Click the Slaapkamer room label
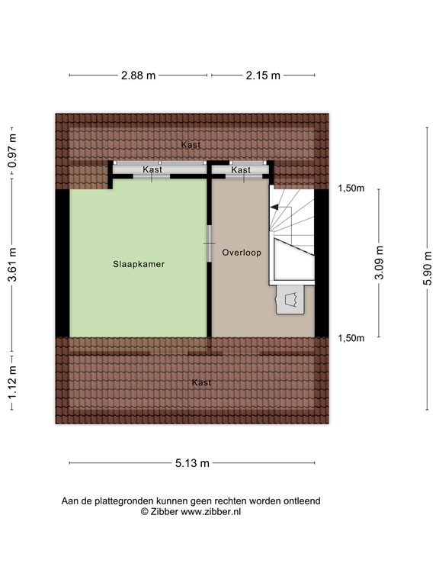click(x=138, y=264)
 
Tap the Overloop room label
click(x=242, y=253)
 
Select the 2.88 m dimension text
click(x=138, y=76)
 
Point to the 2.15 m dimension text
click(x=263, y=76)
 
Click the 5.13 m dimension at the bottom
click(x=192, y=462)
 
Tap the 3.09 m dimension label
click(x=379, y=262)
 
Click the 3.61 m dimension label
click(x=12, y=264)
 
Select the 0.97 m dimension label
click(x=12, y=153)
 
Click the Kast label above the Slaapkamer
click(x=152, y=169)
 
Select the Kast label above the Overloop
click(x=241, y=169)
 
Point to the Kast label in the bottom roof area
click(x=201, y=382)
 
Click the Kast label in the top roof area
click(x=191, y=144)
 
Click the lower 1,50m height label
click(x=351, y=338)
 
